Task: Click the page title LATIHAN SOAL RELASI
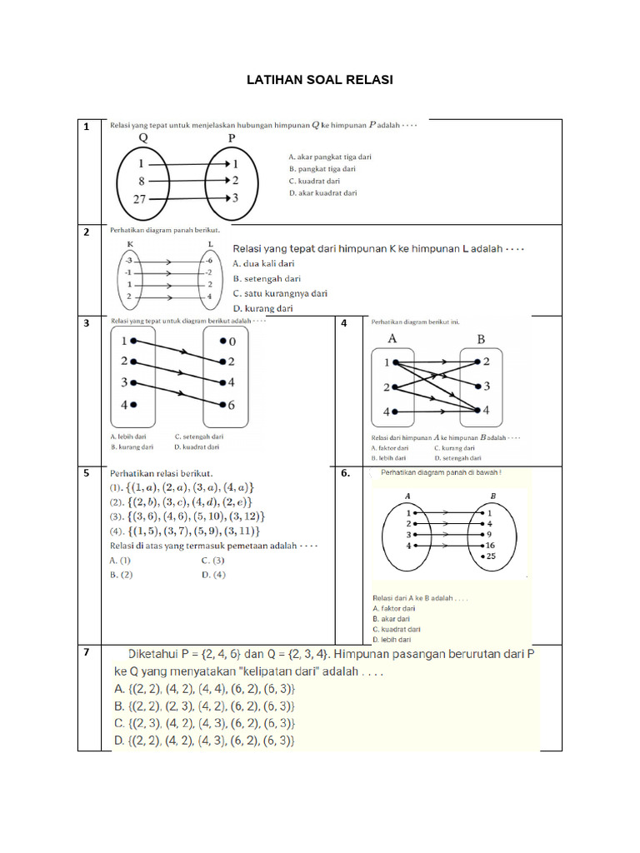(x=320, y=81)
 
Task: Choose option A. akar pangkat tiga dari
(x=330, y=157)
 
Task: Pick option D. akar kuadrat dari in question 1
(x=322, y=193)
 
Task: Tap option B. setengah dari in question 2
(x=267, y=278)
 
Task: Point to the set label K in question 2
(x=130, y=244)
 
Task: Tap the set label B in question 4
(x=481, y=340)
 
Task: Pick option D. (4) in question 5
(x=213, y=574)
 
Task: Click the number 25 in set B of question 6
(x=492, y=556)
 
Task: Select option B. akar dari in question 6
(x=392, y=619)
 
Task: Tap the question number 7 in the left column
(x=86, y=652)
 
